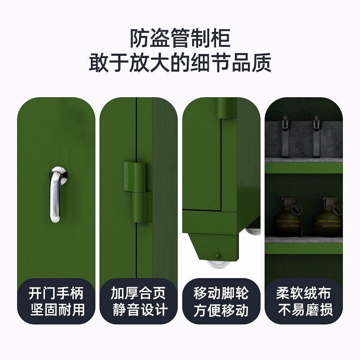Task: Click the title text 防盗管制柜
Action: tap(180, 39)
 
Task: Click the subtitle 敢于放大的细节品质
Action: tap(180, 63)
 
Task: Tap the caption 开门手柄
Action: tap(56, 294)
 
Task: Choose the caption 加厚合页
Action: tap(139, 294)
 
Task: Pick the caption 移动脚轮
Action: tap(221, 294)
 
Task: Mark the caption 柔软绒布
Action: tap(304, 294)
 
